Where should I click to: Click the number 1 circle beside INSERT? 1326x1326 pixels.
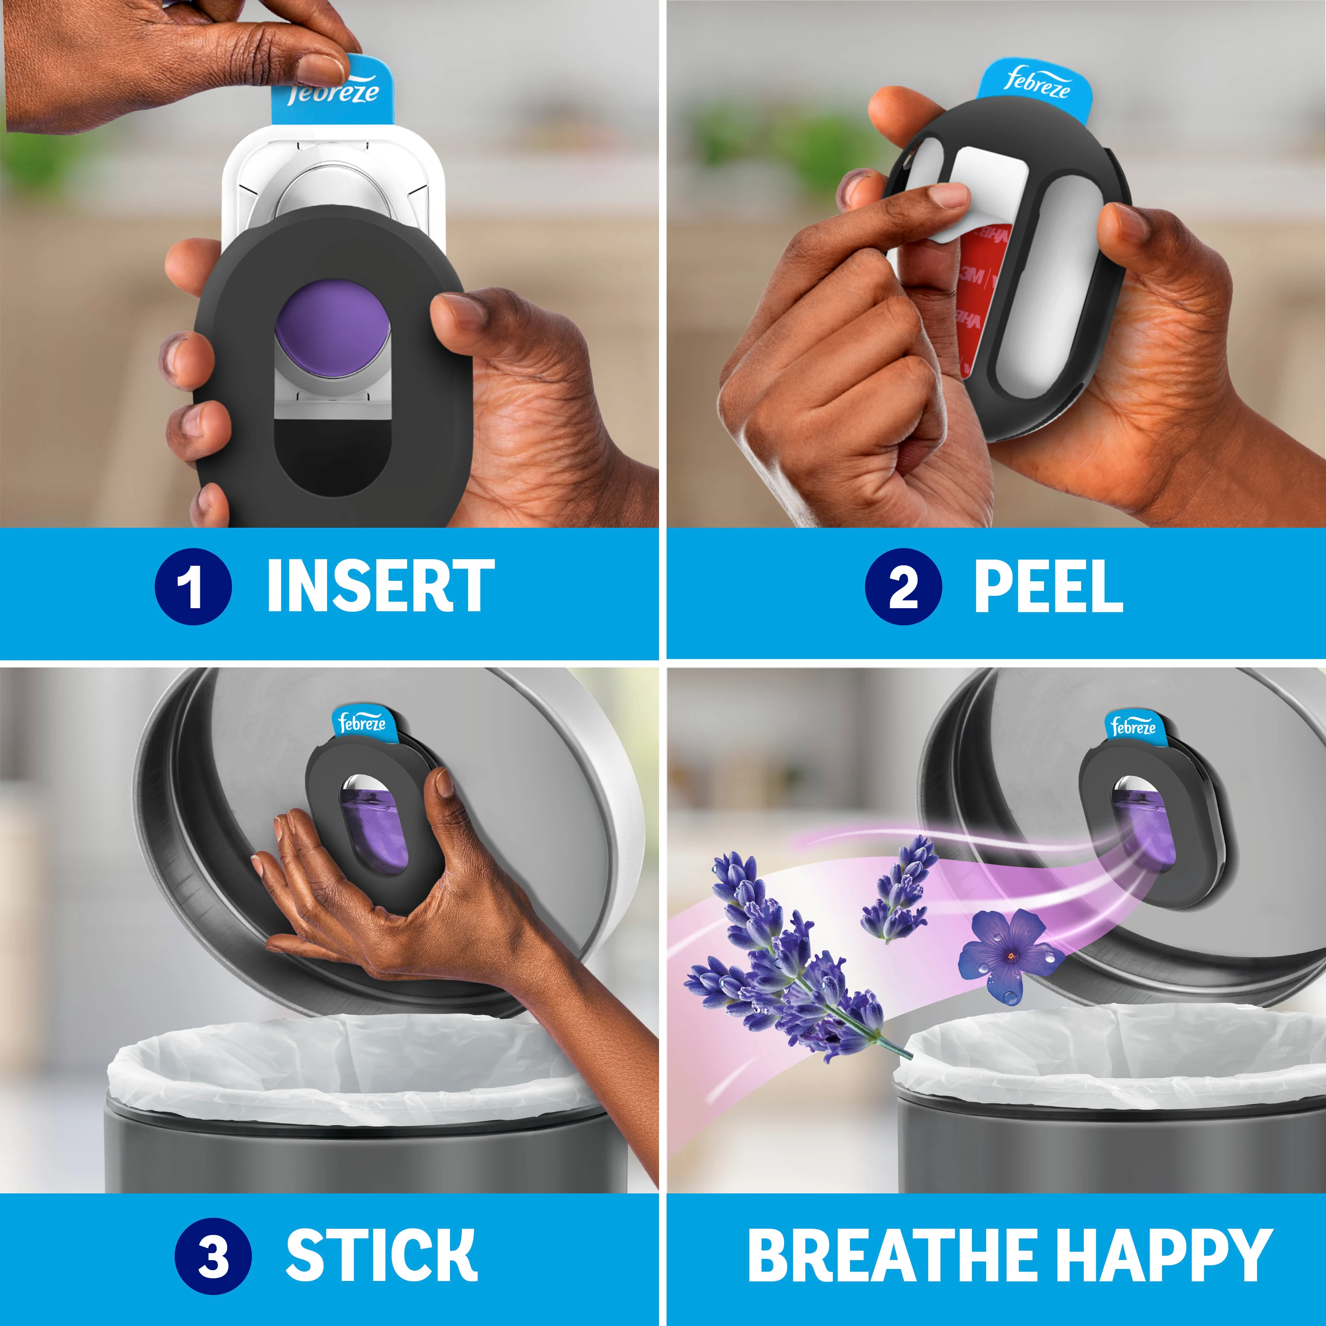coord(193,587)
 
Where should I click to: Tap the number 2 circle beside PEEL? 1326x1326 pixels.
coord(903,587)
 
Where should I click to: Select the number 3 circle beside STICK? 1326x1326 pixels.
coord(213,1256)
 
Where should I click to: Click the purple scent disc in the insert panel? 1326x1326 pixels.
coord(332,328)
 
